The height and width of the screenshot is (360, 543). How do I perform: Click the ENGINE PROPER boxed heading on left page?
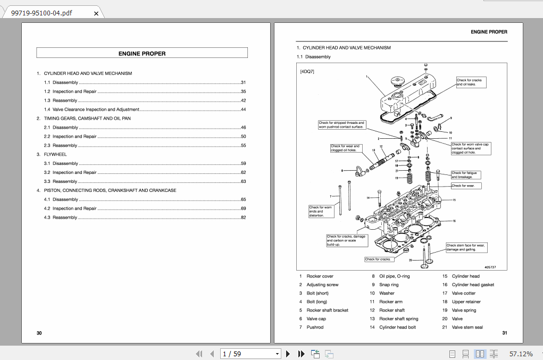point(142,53)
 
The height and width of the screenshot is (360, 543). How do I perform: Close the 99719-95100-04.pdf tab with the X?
point(96,13)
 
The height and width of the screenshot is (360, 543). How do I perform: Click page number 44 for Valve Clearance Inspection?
point(243,110)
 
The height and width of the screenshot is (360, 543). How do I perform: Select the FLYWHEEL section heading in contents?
point(55,154)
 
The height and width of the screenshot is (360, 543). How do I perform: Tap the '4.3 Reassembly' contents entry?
point(61,217)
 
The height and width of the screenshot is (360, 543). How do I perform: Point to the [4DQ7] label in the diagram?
point(307,71)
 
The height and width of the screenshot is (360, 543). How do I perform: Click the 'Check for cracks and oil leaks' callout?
point(471,82)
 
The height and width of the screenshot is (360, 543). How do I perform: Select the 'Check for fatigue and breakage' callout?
point(465,175)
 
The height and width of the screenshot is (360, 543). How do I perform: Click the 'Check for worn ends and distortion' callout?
point(322,211)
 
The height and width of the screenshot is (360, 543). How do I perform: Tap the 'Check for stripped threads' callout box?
point(341,125)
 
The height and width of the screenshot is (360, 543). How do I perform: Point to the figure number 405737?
point(490,267)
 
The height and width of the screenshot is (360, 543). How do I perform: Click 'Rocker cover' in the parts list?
point(320,277)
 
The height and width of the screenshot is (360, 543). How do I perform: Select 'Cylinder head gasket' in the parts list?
point(473,285)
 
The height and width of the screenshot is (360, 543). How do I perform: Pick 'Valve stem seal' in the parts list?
point(467,328)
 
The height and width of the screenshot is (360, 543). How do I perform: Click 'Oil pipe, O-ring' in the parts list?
point(394,277)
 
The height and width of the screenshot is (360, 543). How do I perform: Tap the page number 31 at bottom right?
point(504,333)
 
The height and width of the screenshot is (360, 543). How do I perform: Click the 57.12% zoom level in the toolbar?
point(521,354)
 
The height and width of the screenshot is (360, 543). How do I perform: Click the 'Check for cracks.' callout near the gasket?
point(379,259)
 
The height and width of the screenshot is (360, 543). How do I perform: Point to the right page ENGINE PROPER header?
point(489,32)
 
